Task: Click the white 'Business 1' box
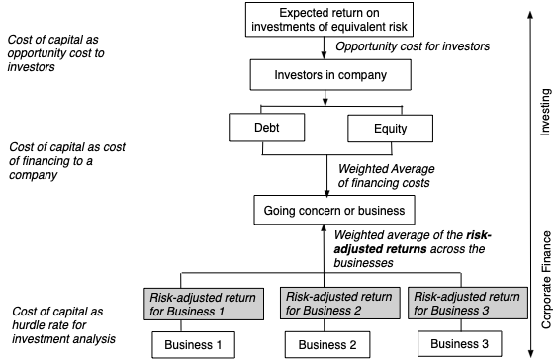point(194,345)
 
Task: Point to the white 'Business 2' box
point(328,345)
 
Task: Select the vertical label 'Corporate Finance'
point(543,281)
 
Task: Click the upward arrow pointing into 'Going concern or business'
point(326,257)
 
